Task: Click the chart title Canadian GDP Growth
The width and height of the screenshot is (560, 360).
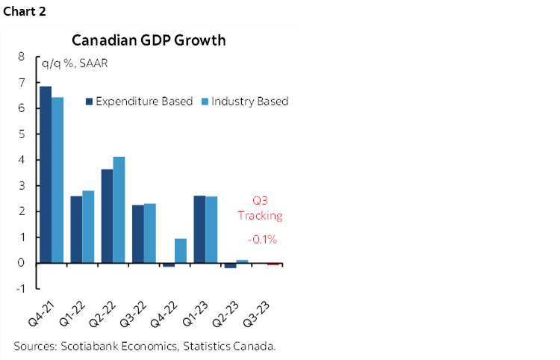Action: (x=148, y=40)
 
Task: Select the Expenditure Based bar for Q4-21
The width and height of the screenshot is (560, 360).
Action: (x=46, y=175)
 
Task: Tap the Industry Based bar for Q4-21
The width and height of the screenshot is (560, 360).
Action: (x=57, y=180)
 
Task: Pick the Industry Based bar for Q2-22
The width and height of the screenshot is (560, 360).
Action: (x=119, y=210)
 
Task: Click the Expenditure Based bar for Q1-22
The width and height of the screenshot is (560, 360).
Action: (x=76, y=229)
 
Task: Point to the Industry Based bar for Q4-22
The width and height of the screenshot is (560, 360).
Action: (x=181, y=251)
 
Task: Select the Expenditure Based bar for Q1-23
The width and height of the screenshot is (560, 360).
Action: (x=199, y=229)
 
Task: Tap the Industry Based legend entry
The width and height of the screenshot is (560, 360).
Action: (x=247, y=102)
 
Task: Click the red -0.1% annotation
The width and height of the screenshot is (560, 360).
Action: (x=262, y=240)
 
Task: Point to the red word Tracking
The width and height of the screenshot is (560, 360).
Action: (x=260, y=216)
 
